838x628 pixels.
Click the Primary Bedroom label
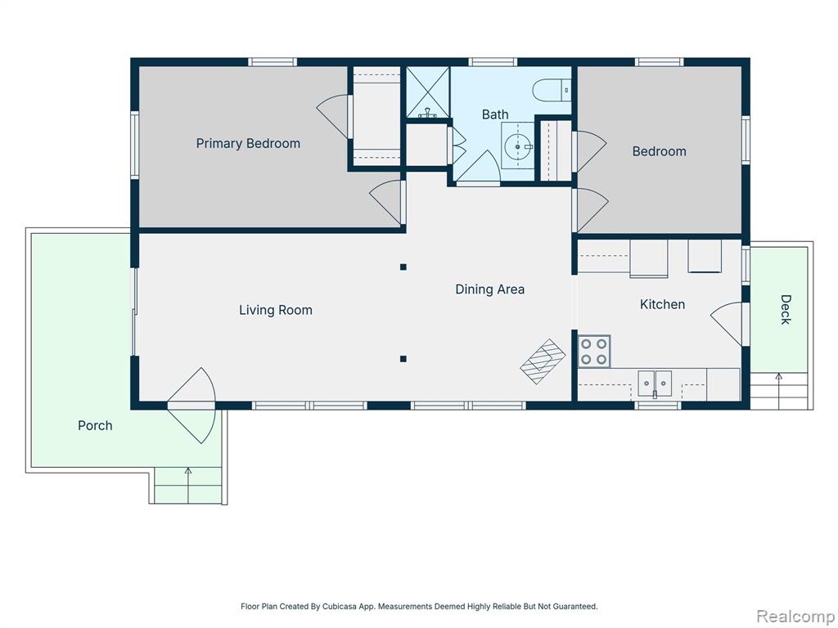pos(248,144)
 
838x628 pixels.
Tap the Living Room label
pos(275,310)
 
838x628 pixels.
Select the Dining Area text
pos(489,289)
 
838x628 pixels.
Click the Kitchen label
pos(662,304)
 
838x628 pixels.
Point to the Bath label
pos(495,114)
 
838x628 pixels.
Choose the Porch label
pos(95,425)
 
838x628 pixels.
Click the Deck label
pos(785,309)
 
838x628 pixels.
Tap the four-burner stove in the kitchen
pos(594,352)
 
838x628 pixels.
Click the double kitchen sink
pos(655,384)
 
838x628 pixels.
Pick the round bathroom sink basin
pos(517,146)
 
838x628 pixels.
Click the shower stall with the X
pos(427,92)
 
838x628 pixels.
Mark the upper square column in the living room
pos(403,267)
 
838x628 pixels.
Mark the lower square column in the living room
pos(403,360)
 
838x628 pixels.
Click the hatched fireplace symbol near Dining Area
pos(543,361)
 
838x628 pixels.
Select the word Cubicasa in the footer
pos(339,607)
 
